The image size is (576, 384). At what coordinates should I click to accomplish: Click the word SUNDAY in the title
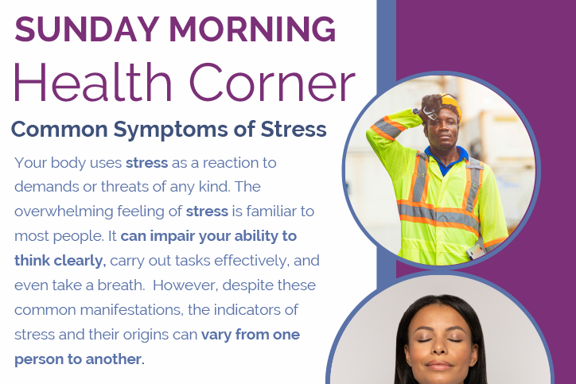[87, 29]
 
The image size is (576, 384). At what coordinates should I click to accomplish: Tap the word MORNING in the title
[252, 29]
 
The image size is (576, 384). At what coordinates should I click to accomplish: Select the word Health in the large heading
[92, 82]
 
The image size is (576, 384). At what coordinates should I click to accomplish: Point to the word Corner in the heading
[273, 83]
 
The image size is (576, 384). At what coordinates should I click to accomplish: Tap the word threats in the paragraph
[124, 187]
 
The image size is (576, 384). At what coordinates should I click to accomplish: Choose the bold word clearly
[80, 261]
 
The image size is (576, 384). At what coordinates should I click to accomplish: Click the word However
[185, 285]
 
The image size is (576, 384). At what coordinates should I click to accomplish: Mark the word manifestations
[132, 310]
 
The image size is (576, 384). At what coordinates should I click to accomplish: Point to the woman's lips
[438, 365]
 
